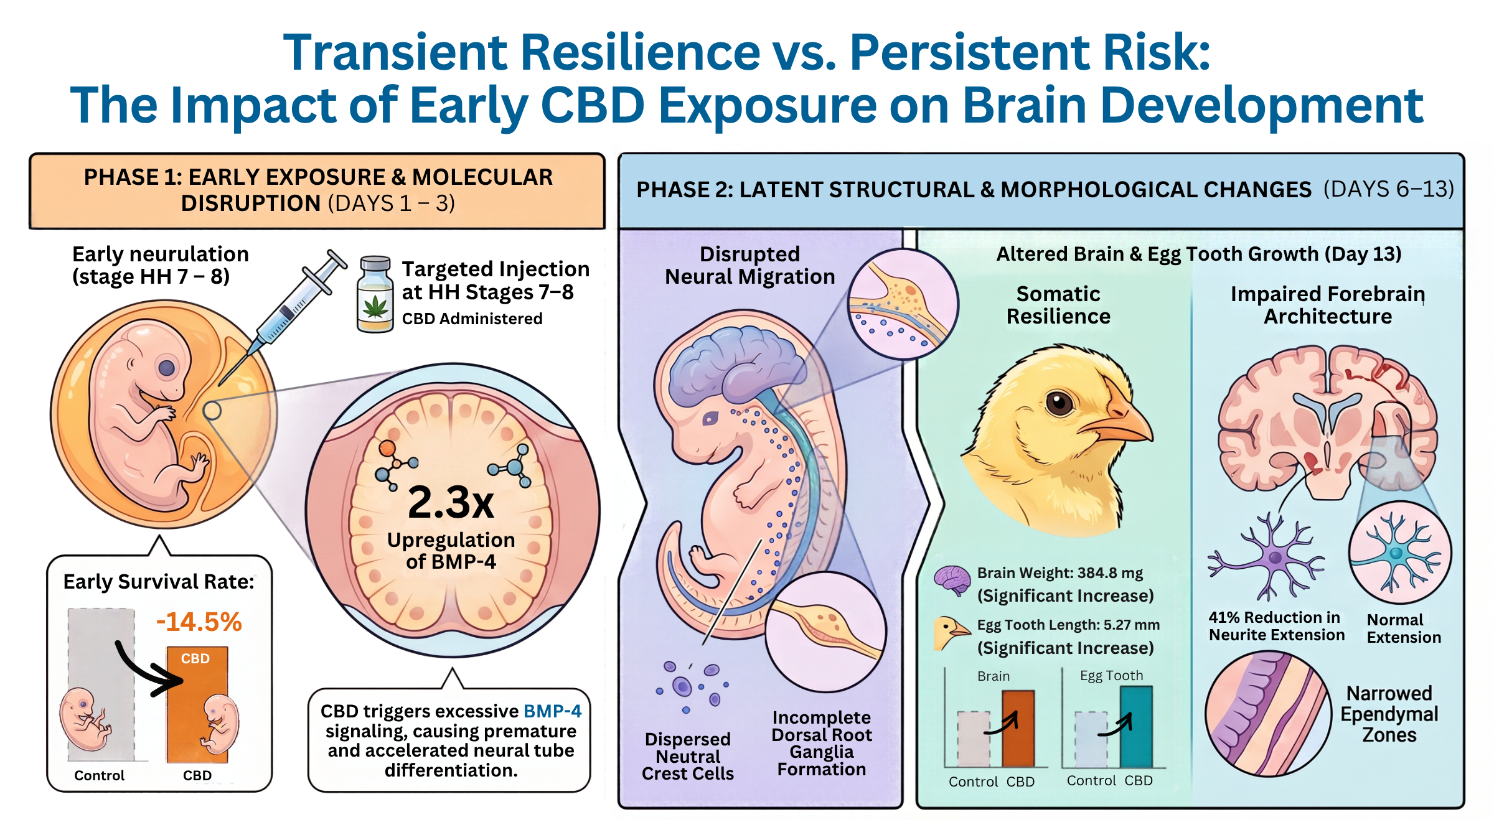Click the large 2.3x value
click(x=451, y=502)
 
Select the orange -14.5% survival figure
click(x=199, y=622)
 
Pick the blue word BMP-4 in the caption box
click(x=553, y=711)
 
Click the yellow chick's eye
click(x=1059, y=403)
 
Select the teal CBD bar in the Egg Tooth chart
click(x=1136, y=727)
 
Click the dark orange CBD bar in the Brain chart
click(x=1018, y=729)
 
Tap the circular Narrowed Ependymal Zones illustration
click(x=1268, y=714)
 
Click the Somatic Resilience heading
click(x=1058, y=305)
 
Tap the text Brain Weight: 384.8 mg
click(x=1060, y=572)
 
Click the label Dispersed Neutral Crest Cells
click(x=688, y=756)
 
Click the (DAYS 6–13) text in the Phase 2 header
click(x=1389, y=189)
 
